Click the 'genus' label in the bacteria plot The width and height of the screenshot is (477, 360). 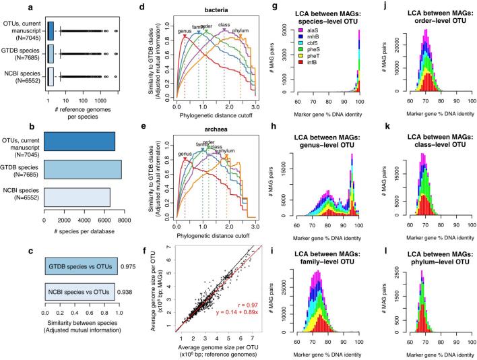(183, 31)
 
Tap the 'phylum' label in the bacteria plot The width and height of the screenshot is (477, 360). (240, 31)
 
